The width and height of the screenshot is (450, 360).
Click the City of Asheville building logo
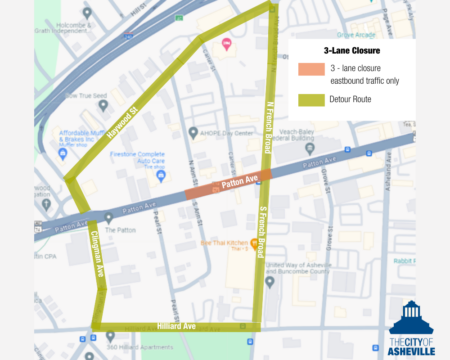(411, 319)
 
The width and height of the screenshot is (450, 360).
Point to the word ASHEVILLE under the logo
(411, 351)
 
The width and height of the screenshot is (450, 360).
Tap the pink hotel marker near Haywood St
(227, 43)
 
